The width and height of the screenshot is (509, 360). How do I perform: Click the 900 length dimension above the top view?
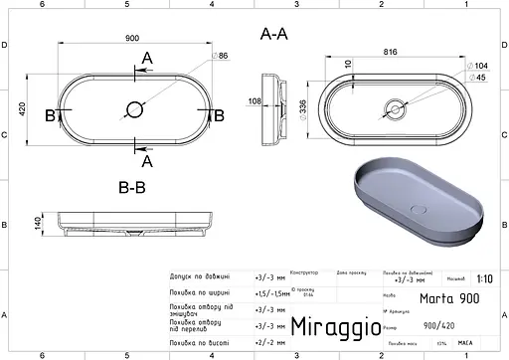click(133, 38)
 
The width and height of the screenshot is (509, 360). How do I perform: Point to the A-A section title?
click(274, 34)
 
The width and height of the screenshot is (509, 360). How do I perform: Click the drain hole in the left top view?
click(133, 107)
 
